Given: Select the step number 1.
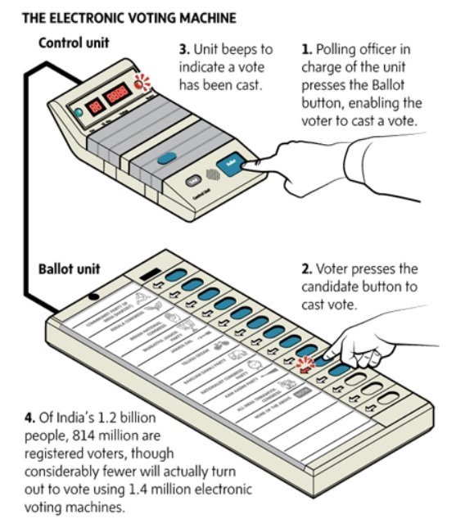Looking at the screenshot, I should [305, 51].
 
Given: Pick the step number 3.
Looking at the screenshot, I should [183, 51].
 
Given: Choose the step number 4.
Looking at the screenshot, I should [20, 420].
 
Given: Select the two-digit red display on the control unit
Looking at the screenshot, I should [96, 104].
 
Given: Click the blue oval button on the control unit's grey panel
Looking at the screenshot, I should [167, 159].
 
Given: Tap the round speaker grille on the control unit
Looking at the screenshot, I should [214, 174].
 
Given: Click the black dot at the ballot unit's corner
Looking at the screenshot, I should [97, 295].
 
